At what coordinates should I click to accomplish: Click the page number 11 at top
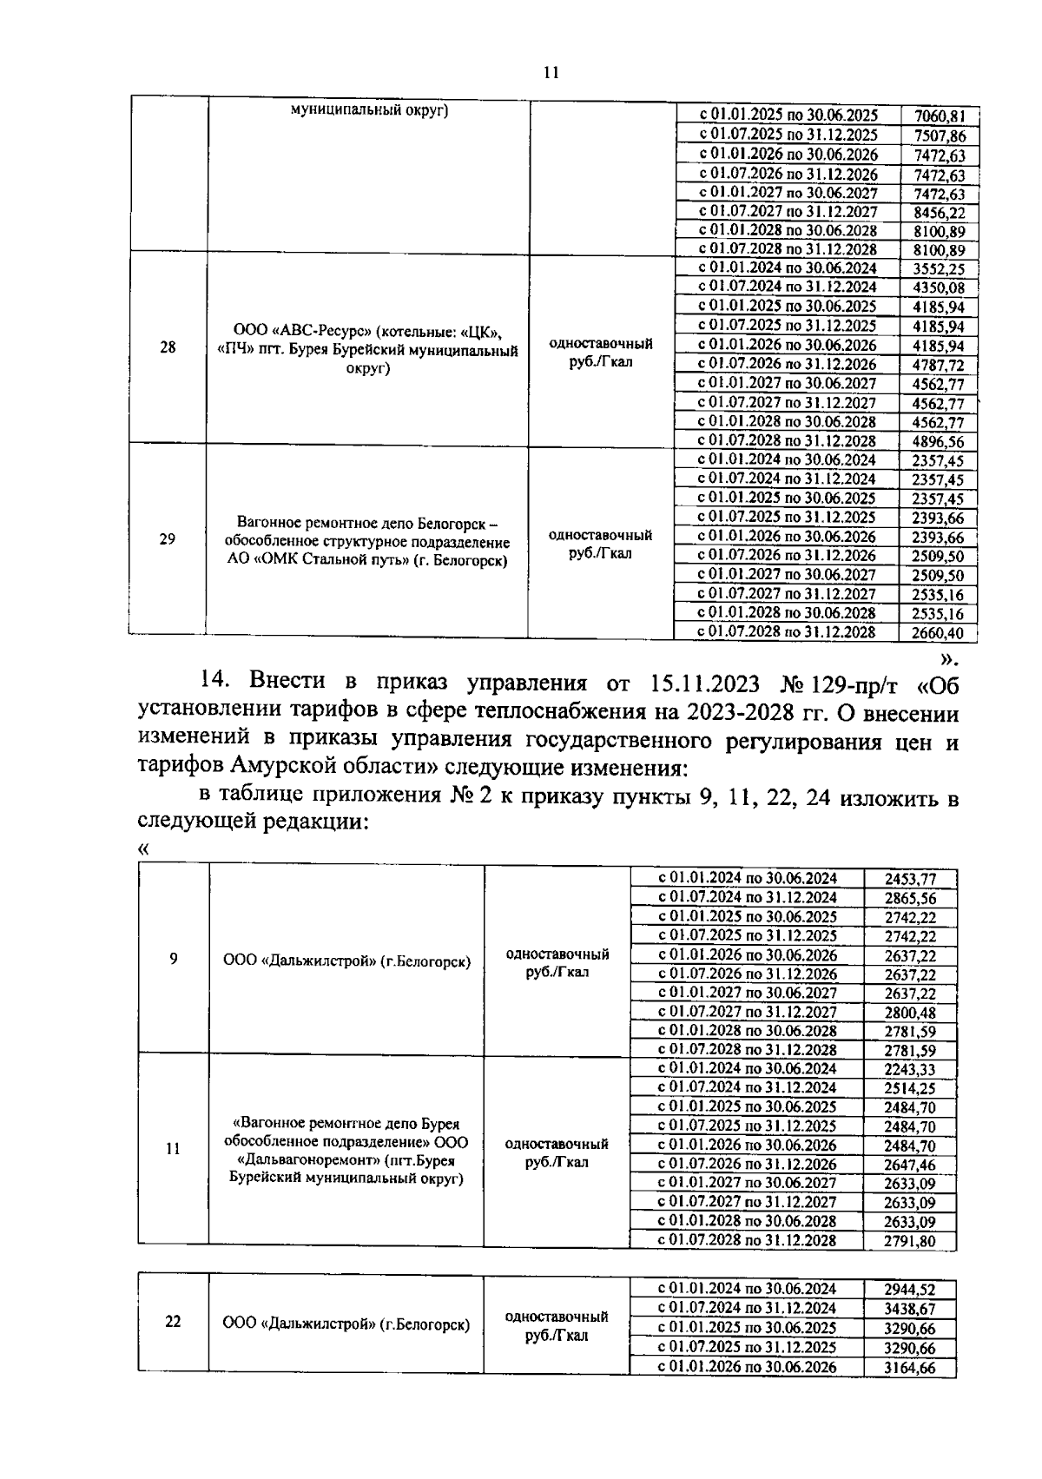pos(551,73)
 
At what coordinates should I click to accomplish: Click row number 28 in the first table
pos(168,347)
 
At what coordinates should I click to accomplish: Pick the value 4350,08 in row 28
pos(939,288)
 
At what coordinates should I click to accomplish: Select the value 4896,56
pos(939,442)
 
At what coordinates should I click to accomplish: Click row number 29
pos(168,539)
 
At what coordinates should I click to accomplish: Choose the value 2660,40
pos(938,634)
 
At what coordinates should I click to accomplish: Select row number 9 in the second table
pos(174,959)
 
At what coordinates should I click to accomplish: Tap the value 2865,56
pos(910,899)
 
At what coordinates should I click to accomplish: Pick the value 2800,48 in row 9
pos(910,1014)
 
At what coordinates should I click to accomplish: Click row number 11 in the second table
pos(173,1148)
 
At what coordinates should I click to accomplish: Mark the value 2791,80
pos(910,1242)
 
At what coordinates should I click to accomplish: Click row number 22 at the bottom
pos(173,1322)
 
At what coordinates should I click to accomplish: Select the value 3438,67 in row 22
pos(909,1309)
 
